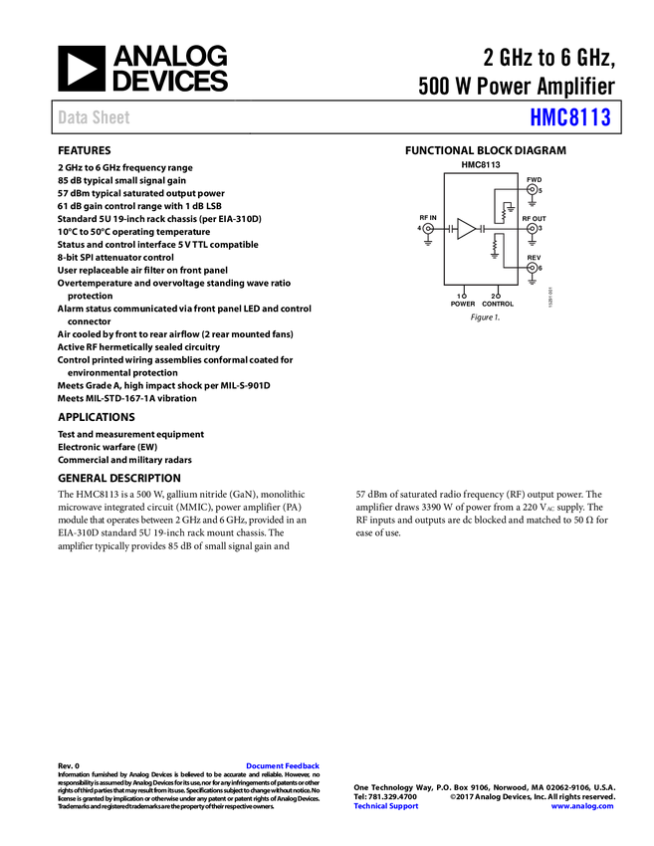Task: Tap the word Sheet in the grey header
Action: (x=110, y=117)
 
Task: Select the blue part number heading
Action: (x=570, y=117)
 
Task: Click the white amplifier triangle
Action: (x=465, y=229)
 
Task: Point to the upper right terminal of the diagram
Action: (x=532, y=189)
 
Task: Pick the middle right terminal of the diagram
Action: (x=532, y=230)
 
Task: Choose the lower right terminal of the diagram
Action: (x=532, y=269)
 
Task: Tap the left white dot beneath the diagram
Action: (x=464, y=297)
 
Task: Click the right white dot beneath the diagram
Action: (x=498, y=297)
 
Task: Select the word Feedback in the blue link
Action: (x=305, y=766)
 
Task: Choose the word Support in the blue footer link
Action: (x=404, y=806)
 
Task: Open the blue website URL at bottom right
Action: (x=581, y=806)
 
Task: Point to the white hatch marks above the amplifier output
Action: (x=504, y=210)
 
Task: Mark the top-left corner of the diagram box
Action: (x=444, y=172)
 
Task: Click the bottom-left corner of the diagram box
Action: (x=444, y=287)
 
